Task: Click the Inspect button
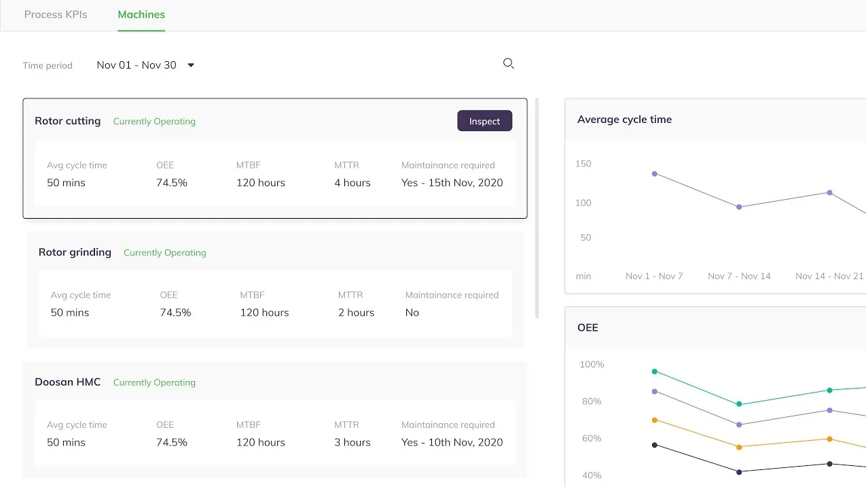[484, 121]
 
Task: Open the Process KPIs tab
[56, 15]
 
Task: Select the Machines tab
[141, 15]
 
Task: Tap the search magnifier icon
[508, 63]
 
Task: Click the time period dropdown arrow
[191, 65]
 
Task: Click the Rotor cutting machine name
[68, 121]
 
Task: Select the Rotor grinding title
[75, 253]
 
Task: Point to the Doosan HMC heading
[68, 382]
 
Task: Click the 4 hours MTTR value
[353, 183]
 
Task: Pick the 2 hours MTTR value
[356, 312]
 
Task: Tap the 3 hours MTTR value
[353, 442]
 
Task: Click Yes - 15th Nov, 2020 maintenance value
[452, 183]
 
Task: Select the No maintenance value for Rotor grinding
[412, 312]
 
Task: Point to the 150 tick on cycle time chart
[583, 164]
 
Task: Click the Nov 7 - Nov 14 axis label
[739, 276]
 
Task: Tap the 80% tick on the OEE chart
[592, 401]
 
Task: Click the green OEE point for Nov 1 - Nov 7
[655, 372]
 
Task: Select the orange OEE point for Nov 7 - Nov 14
[739, 447]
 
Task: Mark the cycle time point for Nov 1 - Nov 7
[655, 174]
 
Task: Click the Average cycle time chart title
[624, 120]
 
